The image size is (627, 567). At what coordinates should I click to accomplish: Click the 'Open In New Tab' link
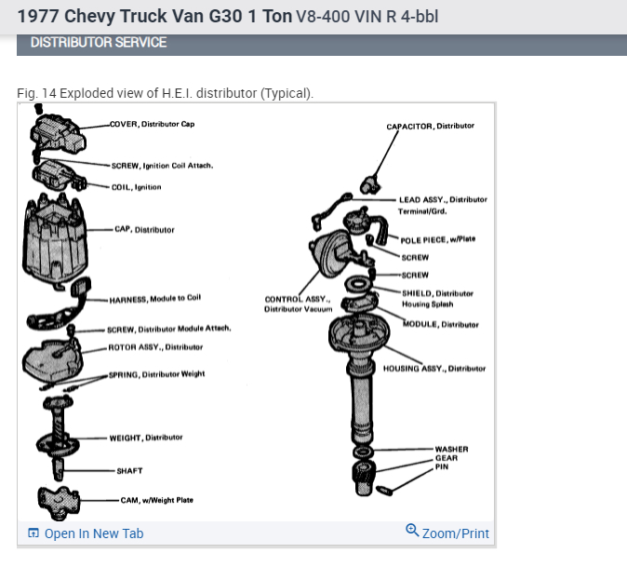(x=93, y=533)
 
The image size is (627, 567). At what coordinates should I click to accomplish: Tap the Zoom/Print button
(x=455, y=533)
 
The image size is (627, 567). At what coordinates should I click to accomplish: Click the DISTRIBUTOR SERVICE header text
(x=99, y=43)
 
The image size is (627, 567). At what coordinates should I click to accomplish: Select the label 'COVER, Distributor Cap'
(x=152, y=124)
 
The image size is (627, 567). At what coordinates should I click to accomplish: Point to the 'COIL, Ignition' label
(x=136, y=187)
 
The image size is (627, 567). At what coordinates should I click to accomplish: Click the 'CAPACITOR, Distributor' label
(x=430, y=126)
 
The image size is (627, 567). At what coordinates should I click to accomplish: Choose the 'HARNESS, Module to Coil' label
(x=154, y=299)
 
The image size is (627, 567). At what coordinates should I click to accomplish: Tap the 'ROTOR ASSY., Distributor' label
(x=155, y=347)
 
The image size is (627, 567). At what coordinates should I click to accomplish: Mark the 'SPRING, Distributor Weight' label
(x=156, y=374)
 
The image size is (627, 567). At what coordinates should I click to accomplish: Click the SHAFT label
(x=129, y=471)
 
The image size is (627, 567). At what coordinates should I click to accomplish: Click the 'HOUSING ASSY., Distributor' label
(x=434, y=369)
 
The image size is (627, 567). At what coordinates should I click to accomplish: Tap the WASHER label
(x=451, y=450)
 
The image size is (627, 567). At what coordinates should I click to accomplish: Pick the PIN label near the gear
(x=442, y=466)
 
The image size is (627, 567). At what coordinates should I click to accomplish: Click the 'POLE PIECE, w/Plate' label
(x=437, y=239)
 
